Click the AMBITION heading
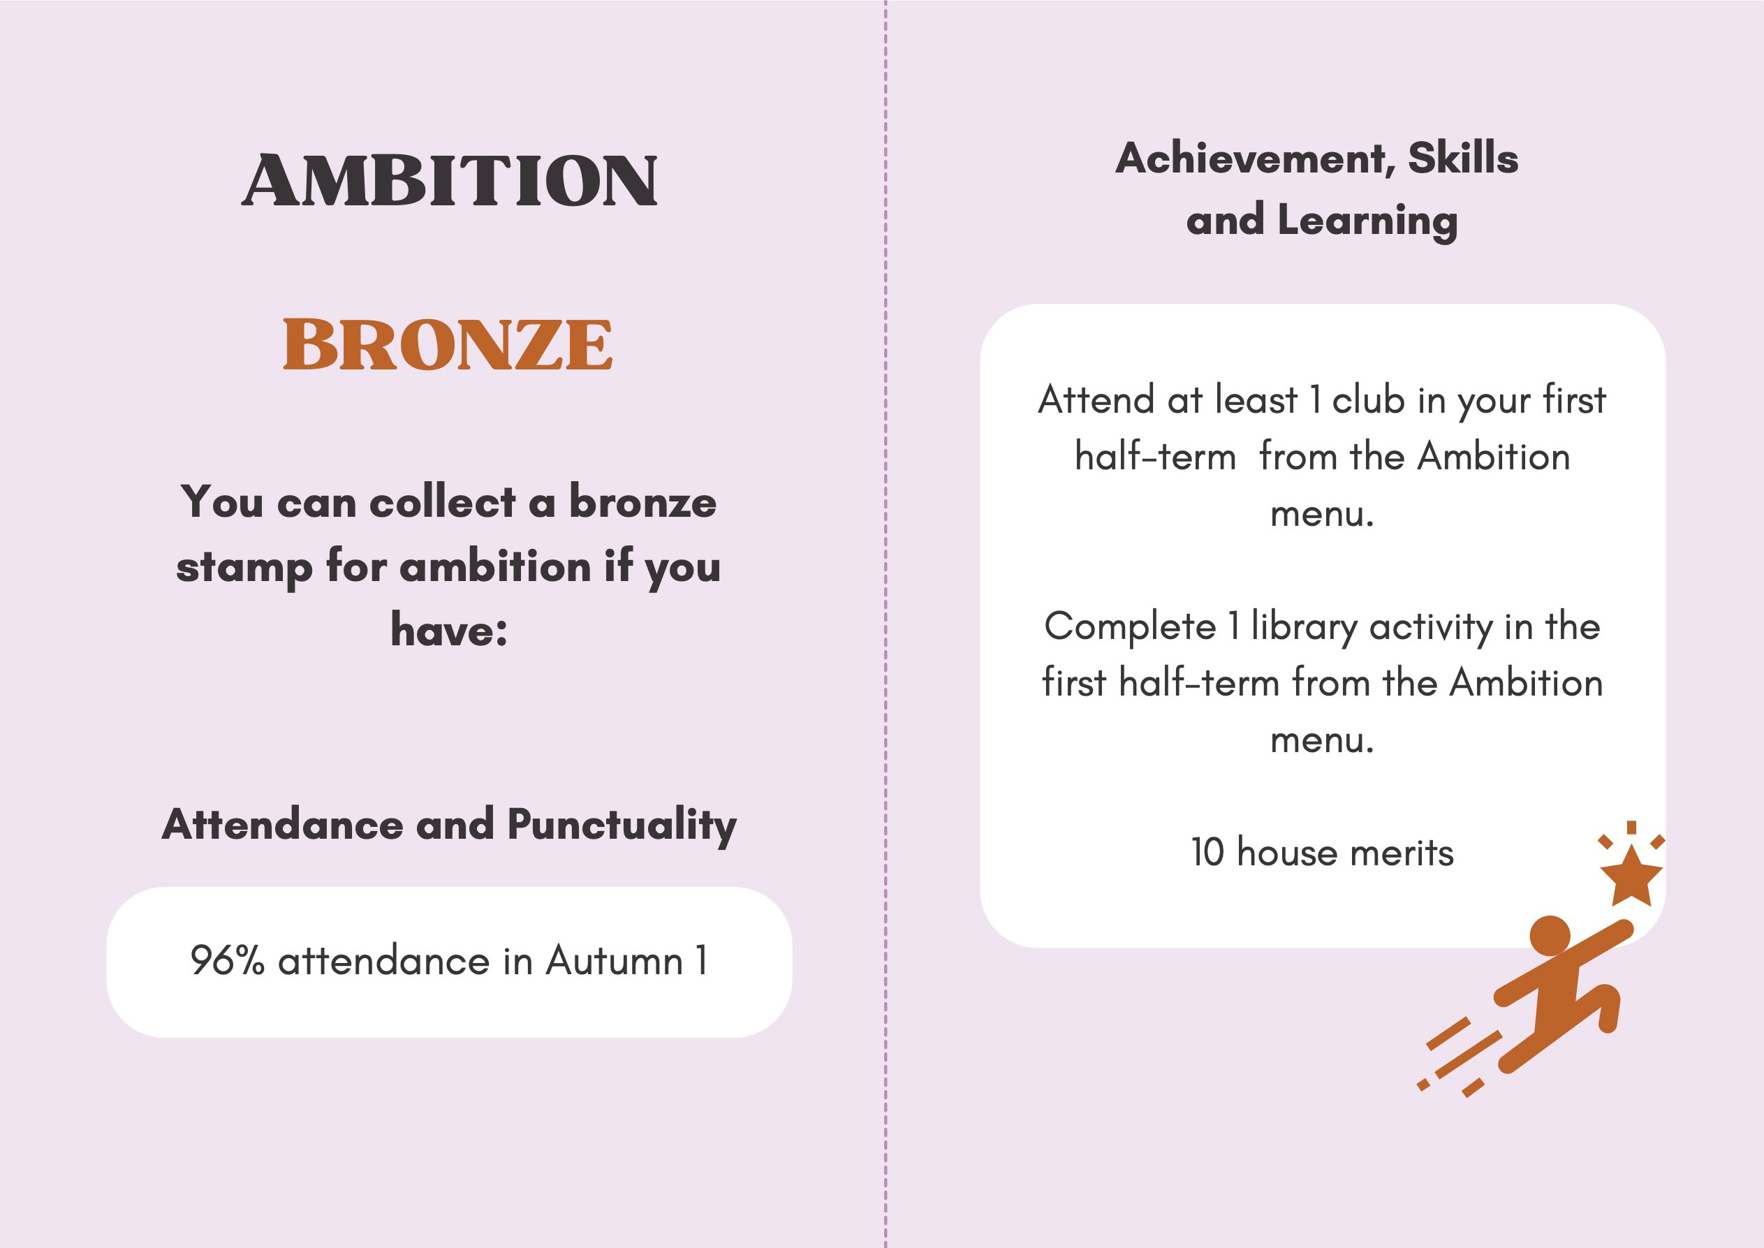[450, 181]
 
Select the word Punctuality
[622, 826]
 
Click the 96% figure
[228, 960]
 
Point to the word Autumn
[614, 960]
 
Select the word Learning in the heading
[1367, 221]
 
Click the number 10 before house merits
[1207, 852]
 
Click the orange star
[1631, 878]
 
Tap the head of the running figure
[1550, 936]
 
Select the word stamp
[244, 568]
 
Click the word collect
[442, 503]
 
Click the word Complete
[1130, 627]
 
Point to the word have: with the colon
[450, 630]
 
